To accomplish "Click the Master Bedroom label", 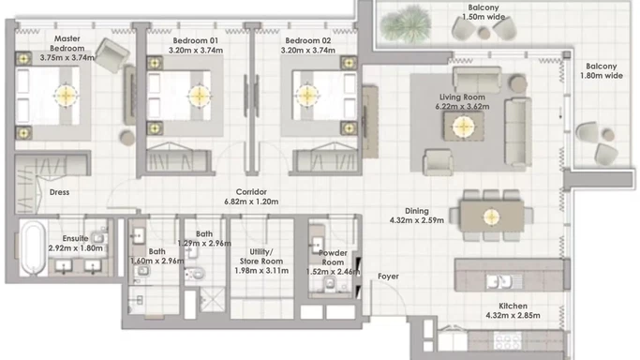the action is pyautogui.click(x=67, y=43).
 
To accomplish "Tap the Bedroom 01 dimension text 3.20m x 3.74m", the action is pyautogui.click(x=196, y=51).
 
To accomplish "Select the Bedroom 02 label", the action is pyautogui.click(x=308, y=40).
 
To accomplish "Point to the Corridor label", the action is pyautogui.click(x=251, y=192).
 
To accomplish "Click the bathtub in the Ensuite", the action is pyautogui.click(x=33, y=248).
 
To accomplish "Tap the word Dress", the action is pyautogui.click(x=59, y=192).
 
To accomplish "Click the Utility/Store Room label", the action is pyautogui.click(x=261, y=256).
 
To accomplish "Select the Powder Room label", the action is pyautogui.click(x=333, y=258).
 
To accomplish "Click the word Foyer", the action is pyautogui.click(x=388, y=277).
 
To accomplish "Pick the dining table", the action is pyautogui.click(x=492, y=216).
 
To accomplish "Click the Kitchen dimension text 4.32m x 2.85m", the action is pyautogui.click(x=513, y=316).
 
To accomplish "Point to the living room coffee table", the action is pyautogui.click(x=464, y=127).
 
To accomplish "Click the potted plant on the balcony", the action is pyautogui.click(x=405, y=23).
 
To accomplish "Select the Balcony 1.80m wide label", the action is pyautogui.click(x=602, y=70).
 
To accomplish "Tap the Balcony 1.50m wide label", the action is pyautogui.click(x=484, y=12).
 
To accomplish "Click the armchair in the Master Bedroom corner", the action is pyautogui.click(x=112, y=55).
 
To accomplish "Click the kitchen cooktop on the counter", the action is pyautogui.click(x=508, y=340).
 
